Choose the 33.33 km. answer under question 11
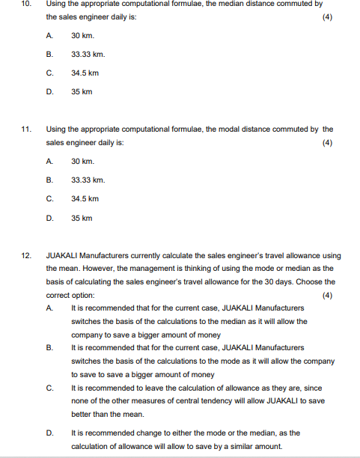point(88,180)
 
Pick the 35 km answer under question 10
point(82,91)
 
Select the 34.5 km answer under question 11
point(85,198)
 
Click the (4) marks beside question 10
point(326,16)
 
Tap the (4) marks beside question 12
point(326,295)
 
